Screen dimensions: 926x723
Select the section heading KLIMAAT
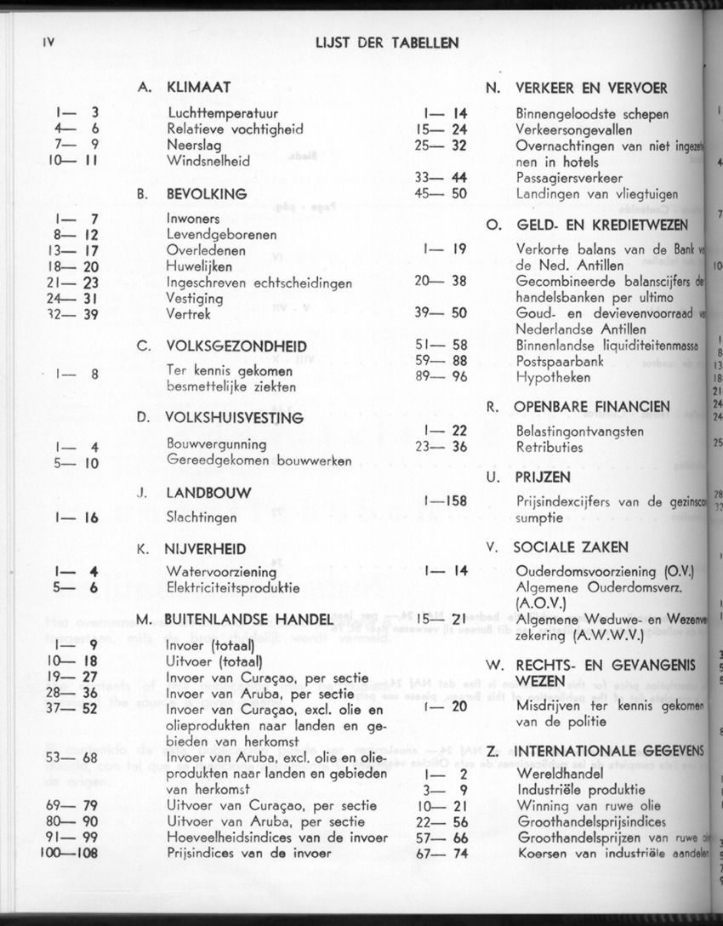[x=198, y=87]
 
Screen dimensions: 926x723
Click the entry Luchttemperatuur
[x=223, y=113]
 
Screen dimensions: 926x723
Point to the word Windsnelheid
[x=208, y=160]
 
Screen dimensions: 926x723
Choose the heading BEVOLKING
[x=207, y=194]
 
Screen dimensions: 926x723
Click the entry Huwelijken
[x=201, y=266]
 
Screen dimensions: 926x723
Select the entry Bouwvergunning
[x=216, y=444]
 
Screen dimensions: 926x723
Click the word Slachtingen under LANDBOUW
[x=202, y=517]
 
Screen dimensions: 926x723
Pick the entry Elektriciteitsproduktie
[x=233, y=587]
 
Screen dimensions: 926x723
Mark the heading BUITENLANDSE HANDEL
[x=245, y=619]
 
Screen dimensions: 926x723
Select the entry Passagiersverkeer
[x=569, y=178]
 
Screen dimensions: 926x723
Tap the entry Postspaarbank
[x=560, y=360]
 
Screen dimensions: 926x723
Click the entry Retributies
[x=549, y=447]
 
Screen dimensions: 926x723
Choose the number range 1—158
[x=444, y=501]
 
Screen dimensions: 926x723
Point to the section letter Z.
[x=492, y=751]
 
